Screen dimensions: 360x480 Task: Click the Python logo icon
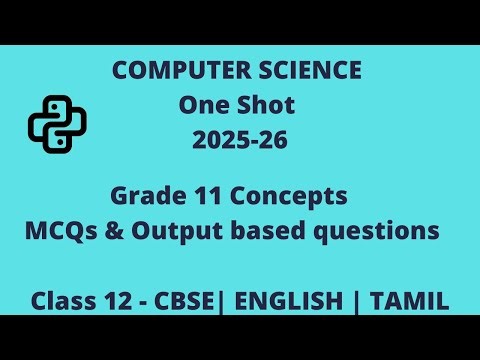(x=57, y=122)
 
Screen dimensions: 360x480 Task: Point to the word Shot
(x=266, y=105)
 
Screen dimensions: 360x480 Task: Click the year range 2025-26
(x=240, y=141)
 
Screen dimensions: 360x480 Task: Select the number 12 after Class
(x=118, y=299)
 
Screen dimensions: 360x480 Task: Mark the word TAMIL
(x=410, y=299)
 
